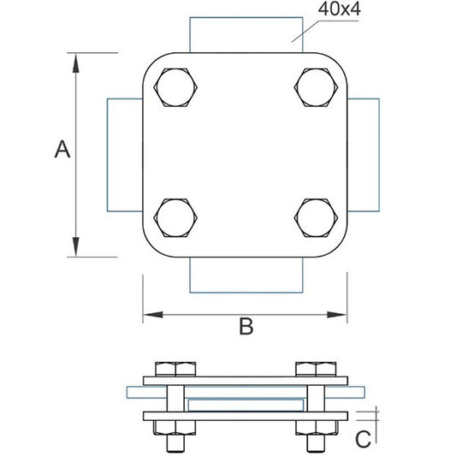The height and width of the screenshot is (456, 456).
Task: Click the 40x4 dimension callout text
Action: (339, 9)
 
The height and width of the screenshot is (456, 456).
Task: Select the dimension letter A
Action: (62, 150)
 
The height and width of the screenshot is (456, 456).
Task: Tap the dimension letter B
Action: (246, 327)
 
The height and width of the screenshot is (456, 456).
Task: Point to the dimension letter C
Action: (364, 439)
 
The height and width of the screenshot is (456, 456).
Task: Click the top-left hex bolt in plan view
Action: (175, 87)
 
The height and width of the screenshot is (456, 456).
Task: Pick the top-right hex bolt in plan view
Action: (316, 87)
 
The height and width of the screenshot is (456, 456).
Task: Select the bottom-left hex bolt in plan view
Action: (175, 218)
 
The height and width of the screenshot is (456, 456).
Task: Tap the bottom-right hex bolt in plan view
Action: (316, 218)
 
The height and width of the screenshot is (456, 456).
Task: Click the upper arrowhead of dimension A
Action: (76, 62)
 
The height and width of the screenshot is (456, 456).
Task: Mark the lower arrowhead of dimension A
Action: (76, 247)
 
